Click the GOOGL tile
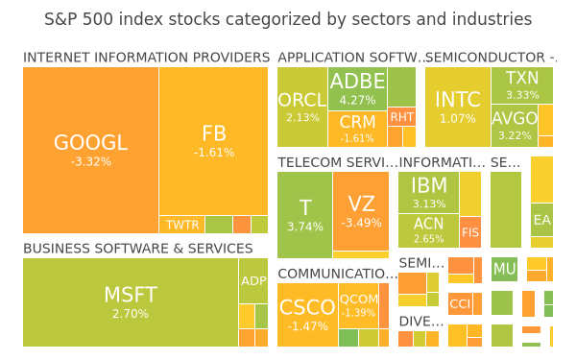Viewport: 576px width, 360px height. coord(91,150)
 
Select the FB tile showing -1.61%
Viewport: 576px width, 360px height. coord(213,141)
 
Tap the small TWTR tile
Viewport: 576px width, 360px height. coord(181,225)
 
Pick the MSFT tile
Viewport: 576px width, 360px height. coord(131,302)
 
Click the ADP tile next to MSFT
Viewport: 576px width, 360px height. coord(253,281)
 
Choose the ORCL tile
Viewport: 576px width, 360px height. coord(302,107)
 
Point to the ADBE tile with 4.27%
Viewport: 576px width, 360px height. coord(357,88)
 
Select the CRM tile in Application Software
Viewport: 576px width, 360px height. coord(357,129)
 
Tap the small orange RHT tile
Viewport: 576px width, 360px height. coord(401,117)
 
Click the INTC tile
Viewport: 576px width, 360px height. coord(458,107)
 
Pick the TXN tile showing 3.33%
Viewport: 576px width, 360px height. coord(522,85)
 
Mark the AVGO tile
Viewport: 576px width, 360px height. coord(515,126)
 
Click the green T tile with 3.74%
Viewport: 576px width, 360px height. coord(305,215)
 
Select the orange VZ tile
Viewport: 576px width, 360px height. coord(361,211)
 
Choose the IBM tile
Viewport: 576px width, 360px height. coord(429,193)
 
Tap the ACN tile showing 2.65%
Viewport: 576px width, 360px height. coord(429,231)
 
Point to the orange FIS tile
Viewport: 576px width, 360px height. coord(470,232)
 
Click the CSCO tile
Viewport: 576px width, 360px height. coord(307,315)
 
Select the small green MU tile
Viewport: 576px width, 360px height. coord(504,269)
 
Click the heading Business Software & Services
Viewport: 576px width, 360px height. coord(137,249)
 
